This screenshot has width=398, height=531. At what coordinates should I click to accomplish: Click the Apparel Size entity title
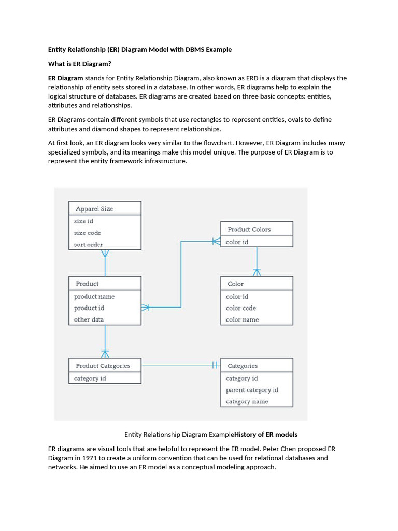coord(94,208)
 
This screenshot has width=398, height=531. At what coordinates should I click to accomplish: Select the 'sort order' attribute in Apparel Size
coord(88,244)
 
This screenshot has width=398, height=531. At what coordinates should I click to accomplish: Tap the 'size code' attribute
coord(87,233)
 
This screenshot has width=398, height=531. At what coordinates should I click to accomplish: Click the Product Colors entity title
coord(249,229)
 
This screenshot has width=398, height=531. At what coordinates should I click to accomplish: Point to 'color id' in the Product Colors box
coord(237,242)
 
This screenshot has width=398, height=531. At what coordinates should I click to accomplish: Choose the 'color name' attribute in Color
coord(242,319)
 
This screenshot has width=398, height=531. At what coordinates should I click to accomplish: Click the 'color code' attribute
coord(240,308)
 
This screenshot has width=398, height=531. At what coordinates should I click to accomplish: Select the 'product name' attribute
coord(94,296)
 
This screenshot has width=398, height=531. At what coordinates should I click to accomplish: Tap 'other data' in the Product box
coord(89,319)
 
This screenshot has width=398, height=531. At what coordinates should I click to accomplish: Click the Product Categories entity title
coord(103,366)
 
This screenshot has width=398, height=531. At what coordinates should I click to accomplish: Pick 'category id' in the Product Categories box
coord(90,378)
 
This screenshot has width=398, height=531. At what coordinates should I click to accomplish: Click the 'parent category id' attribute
coord(252,390)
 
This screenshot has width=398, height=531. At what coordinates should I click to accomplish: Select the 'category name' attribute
coord(247,401)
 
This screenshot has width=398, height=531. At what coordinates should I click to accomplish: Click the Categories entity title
coord(243,366)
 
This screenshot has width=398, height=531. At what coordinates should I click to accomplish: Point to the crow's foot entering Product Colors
coord(216,241)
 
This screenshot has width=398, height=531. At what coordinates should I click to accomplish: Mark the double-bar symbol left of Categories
coord(216,366)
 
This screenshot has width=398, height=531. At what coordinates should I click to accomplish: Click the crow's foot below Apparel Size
coord(105,254)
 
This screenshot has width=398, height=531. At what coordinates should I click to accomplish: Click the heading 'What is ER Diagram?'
coord(80,64)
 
